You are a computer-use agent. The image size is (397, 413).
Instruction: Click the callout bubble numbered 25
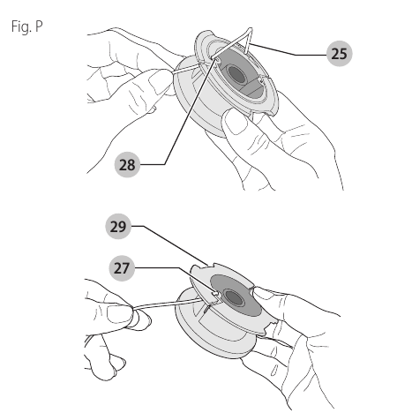pyautogui.click(x=339, y=54)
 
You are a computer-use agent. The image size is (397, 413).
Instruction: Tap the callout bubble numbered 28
pyautogui.click(x=127, y=164)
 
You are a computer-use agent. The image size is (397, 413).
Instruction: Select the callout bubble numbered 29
pyautogui.click(x=118, y=226)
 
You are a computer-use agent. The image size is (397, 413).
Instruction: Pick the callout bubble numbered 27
pyautogui.click(x=122, y=268)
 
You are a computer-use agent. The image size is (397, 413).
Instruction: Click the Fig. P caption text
pyautogui.click(x=27, y=27)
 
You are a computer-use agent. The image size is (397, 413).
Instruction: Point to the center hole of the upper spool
pyautogui.click(x=236, y=74)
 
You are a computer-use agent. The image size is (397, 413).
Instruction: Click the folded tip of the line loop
pyautogui.click(x=251, y=29)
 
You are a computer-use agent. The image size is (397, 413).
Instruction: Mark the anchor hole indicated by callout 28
pyautogui.click(x=219, y=60)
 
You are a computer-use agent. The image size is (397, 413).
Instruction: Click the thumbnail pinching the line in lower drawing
pyautogui.click(x=116, y=314)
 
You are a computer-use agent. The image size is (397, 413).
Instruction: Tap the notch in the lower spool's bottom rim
pyautogui.click(x=270, y=326)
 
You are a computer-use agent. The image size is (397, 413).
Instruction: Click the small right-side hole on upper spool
pyautogui.click(x=261, y=79)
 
